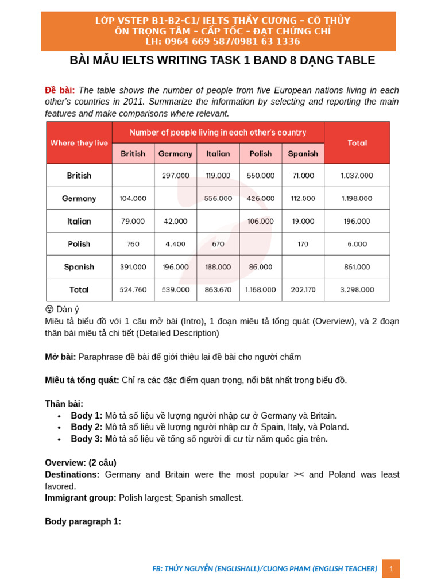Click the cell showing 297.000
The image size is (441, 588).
pyautogui.click(x=176, y=176)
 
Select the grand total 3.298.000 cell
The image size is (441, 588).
pyautogui.click(x=357, y=290)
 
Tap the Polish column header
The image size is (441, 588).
pyautogui.click(x=260, y=154)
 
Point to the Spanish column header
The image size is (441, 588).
pyautogui.click(x=303, y=154)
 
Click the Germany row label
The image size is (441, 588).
pyautogui.click(x=79, y=198)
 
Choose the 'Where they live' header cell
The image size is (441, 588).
pyautogui.click(x=79, y=143)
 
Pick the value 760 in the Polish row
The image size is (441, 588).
pyautogui.click(x=133, y=244)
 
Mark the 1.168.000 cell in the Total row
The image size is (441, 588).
pyautogui.click(x=260, y=290)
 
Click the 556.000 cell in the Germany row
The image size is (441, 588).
pyautogui.click(x=218, y=198)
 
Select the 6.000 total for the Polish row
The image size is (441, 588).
pyautogui.click(x=357, y=244)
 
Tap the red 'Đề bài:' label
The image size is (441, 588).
pyautogui.click(x=60, y=90)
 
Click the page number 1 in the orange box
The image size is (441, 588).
pyautogui.click(x=391, y=568)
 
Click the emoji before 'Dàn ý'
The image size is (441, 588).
pyautogui.click(x=49, y=310)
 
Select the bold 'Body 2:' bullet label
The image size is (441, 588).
pyautogui.click(x=87, y=427)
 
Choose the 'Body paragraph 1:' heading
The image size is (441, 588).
pyautogui.click(x=83, y=521)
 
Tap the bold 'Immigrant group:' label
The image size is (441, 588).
pyautogui.click(x=80, y=498)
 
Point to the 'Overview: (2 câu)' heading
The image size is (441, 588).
pyautogui.click(x=80, y=462)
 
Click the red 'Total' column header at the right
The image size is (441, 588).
pyautogui.click(x=357, y=143)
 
